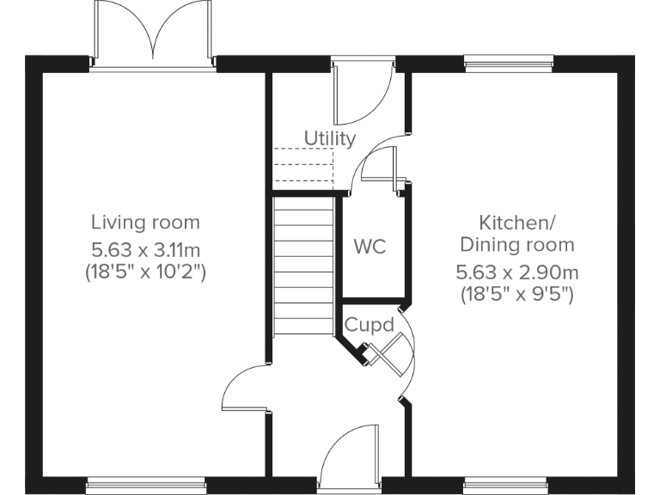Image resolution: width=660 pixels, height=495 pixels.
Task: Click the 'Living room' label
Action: (145, 223)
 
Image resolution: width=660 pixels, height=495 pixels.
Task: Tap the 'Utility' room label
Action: (329, 138)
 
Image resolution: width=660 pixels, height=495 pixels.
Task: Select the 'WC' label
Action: (370, 247)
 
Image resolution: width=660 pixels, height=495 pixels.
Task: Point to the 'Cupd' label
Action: (369, 325)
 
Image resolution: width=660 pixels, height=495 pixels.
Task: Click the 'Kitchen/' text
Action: (515, 223)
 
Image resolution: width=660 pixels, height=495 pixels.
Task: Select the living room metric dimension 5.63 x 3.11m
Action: (145, 250)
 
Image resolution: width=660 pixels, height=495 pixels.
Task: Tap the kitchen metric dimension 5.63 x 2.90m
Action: (516, 272)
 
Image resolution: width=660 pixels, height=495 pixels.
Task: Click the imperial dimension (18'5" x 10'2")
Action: (145, 272)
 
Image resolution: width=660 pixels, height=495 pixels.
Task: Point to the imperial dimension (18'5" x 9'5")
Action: (516, 295)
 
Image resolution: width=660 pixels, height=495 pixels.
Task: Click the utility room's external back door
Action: (361, 93)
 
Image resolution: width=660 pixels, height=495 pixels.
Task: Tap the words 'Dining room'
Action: (516, 245)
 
